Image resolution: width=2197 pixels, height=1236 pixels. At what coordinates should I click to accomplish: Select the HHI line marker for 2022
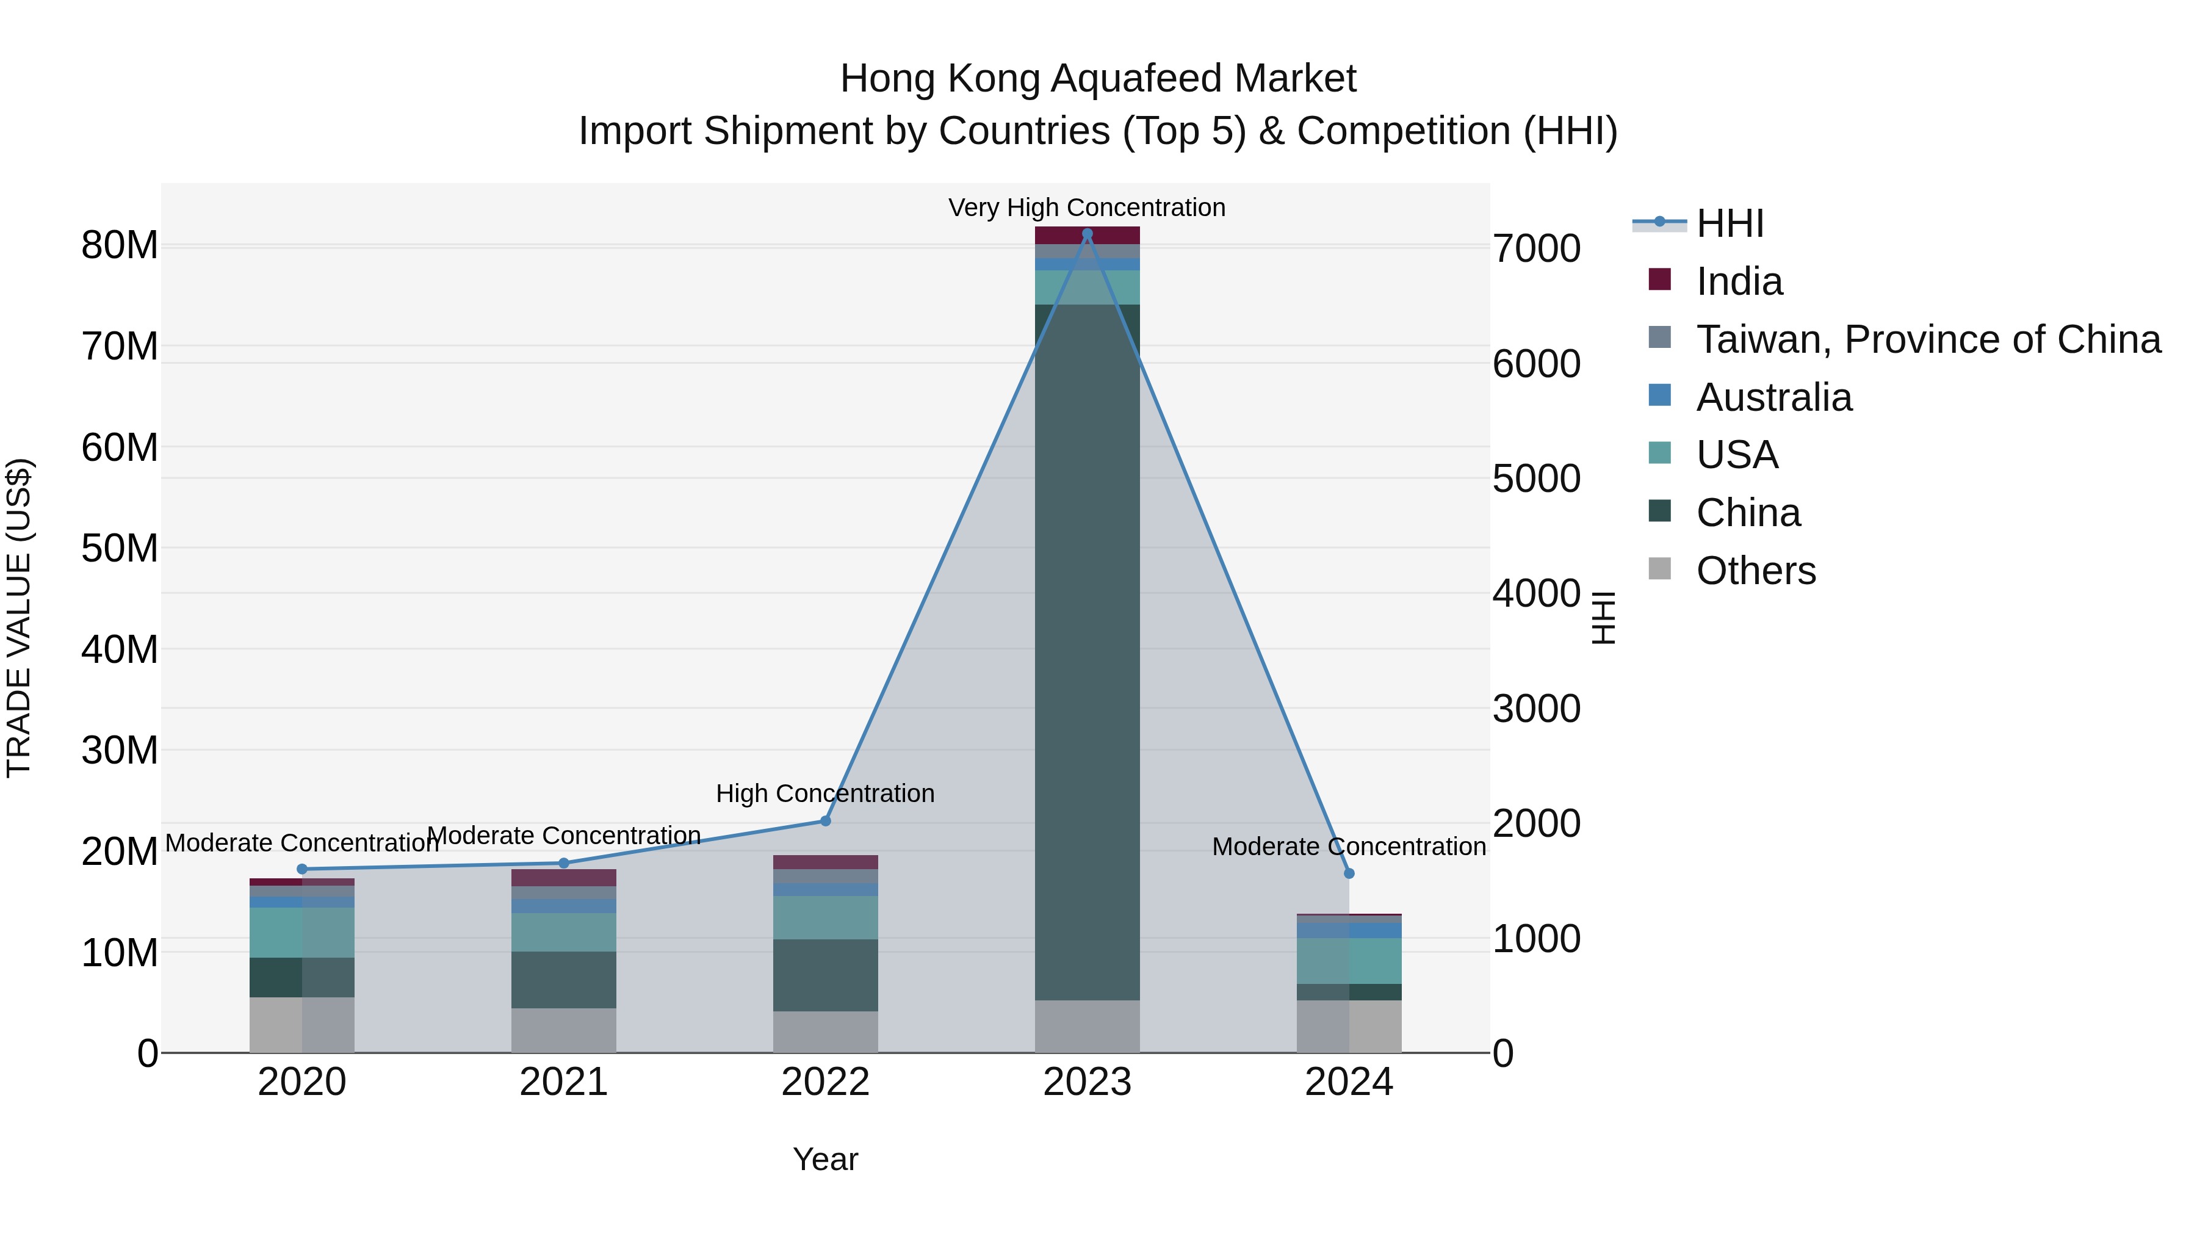[824, 820]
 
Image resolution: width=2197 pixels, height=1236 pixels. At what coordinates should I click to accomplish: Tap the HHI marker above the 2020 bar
[302, 869]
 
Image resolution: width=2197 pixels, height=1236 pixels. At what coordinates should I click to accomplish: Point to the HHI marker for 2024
[1348, 873]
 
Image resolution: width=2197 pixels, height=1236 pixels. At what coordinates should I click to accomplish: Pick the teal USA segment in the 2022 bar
[824, 917]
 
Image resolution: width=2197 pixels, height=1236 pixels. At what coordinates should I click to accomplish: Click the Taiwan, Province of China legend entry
[1927, 339]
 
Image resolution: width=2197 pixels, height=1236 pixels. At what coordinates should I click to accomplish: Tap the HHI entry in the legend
[1729, 223]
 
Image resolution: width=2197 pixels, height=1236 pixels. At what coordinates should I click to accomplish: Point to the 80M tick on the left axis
[120, 245]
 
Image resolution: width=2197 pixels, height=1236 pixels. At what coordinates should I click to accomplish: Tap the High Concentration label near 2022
[824, 793]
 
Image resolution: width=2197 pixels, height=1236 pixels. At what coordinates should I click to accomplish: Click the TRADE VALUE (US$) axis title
[19, 618]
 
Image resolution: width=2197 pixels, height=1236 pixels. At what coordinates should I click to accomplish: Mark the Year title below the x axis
[824, 1159]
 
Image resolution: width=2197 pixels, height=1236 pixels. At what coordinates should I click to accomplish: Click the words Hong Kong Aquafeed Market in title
[1098, 79]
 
